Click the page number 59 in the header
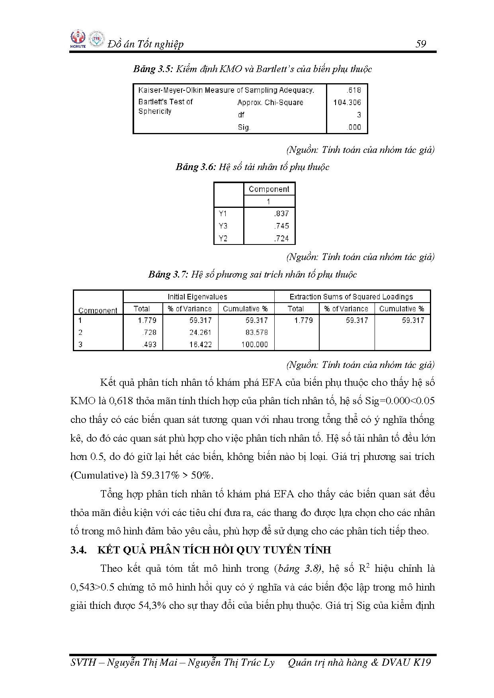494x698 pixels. [x=420, y=44]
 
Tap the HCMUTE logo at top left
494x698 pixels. [x=78, y=39]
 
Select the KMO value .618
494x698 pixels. [x=353, y=90]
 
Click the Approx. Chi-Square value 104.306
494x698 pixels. [x=347, y=102]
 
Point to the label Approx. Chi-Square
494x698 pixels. [x=270, y=102]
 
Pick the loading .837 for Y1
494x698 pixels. [x=281, y=213]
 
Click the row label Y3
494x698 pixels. [x=223, y=226]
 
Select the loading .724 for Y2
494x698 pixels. [x=281, y=239]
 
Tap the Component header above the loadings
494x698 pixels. [x=269, y=189]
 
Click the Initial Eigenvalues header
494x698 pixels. [x=197, y=297]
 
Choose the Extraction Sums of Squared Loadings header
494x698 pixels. [x=351, y=297]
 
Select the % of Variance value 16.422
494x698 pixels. [x=200, y=344]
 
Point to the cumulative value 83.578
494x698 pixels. [x=256, y=332]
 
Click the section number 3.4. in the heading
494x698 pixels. [x=79, y=550]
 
